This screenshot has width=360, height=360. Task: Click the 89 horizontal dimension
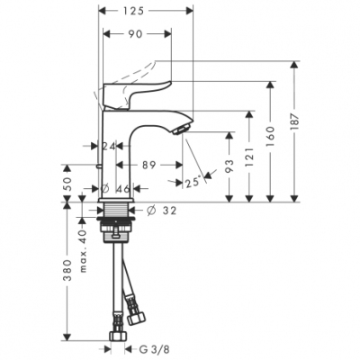[x=151, y=165]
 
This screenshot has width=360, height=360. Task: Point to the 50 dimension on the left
[x=66, y=183]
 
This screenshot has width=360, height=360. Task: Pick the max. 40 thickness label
[x=83, y=240]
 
